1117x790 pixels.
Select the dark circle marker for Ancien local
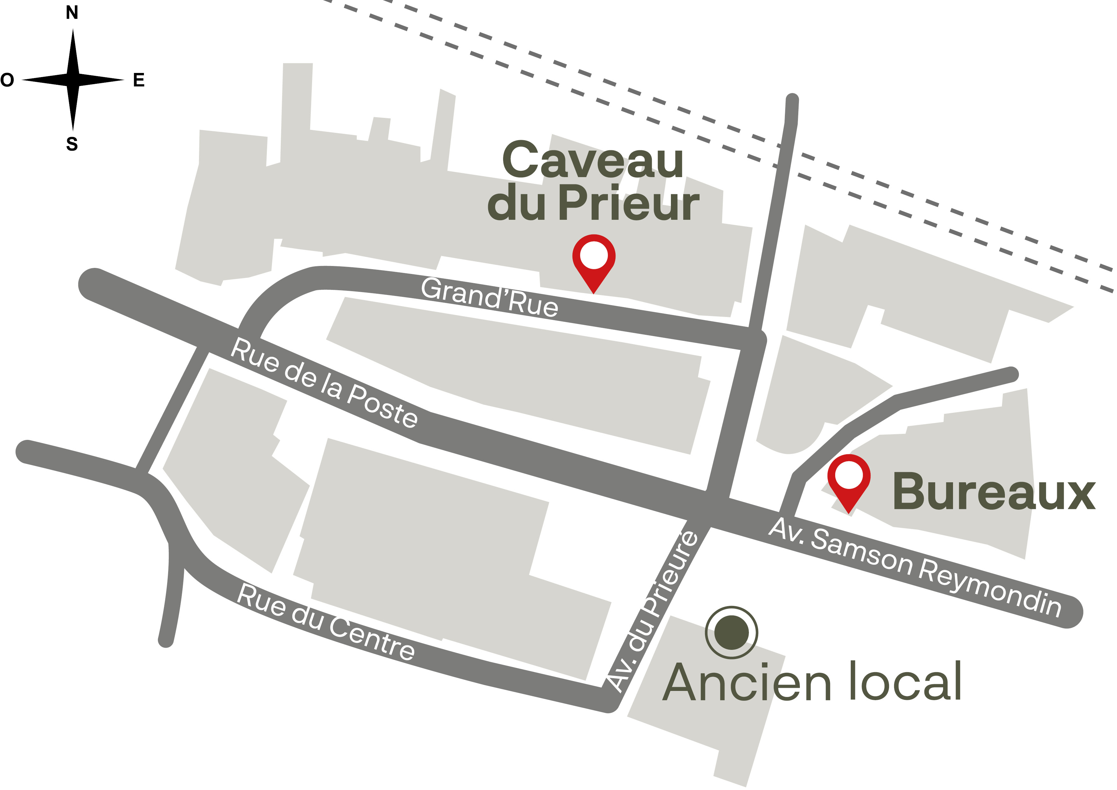[731, 633]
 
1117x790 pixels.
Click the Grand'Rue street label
[490, 298]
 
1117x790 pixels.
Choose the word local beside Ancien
[905, 681]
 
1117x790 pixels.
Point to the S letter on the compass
[72, 144]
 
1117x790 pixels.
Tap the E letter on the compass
[139, 80]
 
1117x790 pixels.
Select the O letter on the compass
[7, 80]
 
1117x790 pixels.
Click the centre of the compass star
[73, 80]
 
